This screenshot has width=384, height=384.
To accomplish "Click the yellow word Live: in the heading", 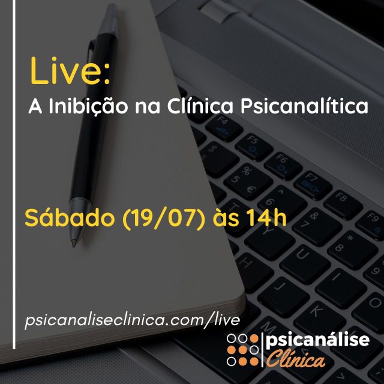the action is pyautogui.click(x=70, y=71).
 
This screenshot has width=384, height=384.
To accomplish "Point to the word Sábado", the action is pyautogui.click(x=70, y=217).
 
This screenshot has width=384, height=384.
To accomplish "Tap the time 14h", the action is pyautogui.click(x=266, y=217).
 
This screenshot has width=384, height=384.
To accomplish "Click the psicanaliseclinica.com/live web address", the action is pyautogui.click(x=132, y=320).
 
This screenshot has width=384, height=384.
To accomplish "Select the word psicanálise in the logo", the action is pyautogui.click(x=317, y=340).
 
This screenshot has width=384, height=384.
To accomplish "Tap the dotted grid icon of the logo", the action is pyautogui.click(x=242, y=350).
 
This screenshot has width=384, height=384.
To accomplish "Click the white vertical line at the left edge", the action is pyautogui.click(x=14, y=175).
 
